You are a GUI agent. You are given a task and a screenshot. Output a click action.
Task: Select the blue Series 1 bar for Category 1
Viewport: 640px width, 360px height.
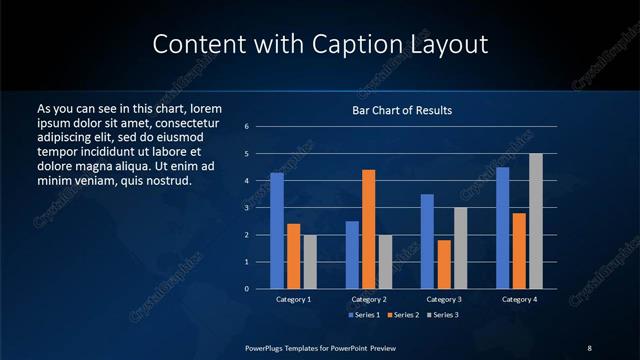[277, 231]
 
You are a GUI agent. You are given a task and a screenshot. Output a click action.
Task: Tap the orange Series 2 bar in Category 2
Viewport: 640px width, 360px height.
[368, 229]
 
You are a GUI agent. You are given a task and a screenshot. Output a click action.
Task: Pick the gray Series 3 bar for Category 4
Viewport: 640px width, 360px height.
[536, 221]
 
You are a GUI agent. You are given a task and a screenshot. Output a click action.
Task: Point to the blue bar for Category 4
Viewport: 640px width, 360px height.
[503, 228]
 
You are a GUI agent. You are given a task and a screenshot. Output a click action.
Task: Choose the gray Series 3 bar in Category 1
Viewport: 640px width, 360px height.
[310, 262]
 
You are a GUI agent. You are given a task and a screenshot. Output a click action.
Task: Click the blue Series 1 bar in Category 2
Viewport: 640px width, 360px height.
[352, 255]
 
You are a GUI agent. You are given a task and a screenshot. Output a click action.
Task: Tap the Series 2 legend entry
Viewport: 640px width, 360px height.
[404, 315]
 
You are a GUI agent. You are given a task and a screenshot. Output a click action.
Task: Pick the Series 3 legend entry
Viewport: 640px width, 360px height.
[444, 315]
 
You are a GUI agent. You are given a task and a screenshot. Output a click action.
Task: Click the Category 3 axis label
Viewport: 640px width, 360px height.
[444, 299]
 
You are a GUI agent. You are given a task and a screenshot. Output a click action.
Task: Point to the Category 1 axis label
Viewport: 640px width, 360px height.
[294, 299]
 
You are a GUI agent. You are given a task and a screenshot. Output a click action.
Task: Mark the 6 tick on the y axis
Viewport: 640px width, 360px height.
[260, 127]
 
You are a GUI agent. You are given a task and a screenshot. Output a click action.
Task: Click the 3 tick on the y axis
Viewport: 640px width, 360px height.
[260, 208]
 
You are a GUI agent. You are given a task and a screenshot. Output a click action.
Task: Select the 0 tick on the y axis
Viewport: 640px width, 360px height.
[260, 289]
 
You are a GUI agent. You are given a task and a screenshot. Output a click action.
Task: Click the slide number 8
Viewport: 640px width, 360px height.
[589, 347]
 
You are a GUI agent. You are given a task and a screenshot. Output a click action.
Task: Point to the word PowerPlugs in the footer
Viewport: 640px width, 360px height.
[266, 347]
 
